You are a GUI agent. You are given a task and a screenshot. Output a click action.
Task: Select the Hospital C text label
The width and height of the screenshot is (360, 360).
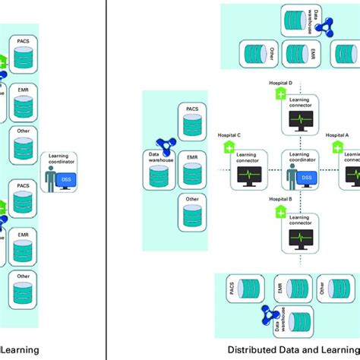(x=230, y=135)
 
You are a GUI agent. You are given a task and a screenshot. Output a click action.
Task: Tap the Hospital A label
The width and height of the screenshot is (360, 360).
(x=337, y=135)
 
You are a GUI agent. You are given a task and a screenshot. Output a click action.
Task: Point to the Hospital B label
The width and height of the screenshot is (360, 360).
(x=282, y=198)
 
